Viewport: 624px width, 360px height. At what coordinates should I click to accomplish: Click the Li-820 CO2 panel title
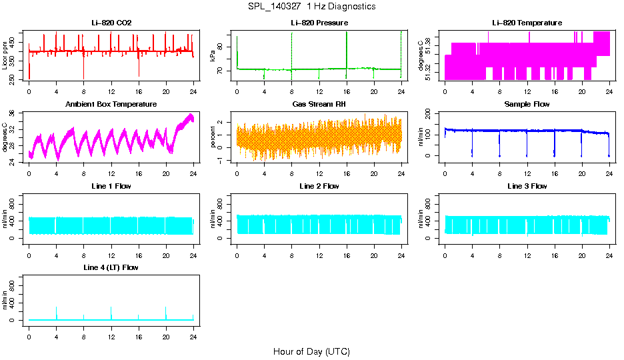click(x=111, y=23)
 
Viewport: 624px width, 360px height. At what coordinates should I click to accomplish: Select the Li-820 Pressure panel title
click(x=319, y=23)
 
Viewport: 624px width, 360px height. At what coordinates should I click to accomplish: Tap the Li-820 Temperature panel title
click(x=527, y=23)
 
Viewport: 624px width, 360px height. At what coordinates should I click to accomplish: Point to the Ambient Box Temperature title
click(x=111, y=104)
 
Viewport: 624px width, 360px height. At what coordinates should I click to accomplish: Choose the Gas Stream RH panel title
click(x=319, y=104)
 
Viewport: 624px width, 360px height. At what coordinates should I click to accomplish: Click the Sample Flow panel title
click(x=527, y=104)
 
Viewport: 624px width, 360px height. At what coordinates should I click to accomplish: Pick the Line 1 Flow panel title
click(x=111, y=186)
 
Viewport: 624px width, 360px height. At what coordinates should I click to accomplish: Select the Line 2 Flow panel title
click(x=319, y=186)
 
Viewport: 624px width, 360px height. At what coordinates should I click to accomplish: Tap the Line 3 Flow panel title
click(x=527, y=186)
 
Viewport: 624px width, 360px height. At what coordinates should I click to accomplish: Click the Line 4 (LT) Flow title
click(x=111, y=267)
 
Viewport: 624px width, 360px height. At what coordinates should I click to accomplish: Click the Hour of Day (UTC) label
click(x=311, y=351)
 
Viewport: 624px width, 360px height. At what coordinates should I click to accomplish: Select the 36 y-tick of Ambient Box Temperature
click(x=13, y=113)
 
